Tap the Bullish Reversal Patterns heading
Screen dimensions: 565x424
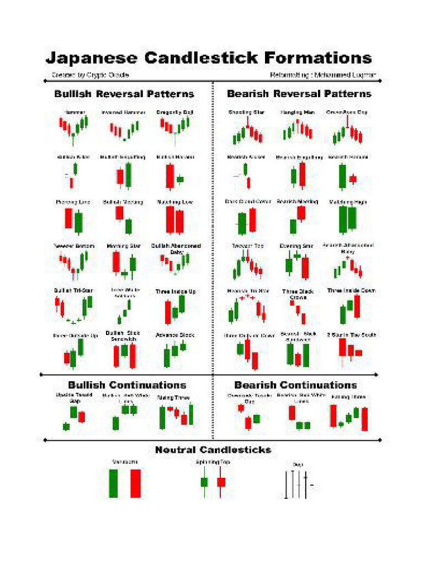pyautogui.click(x=124, y=94)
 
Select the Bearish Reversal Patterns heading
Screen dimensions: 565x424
pyautogui.click(x=299, y=94)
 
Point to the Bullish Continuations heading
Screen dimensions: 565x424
pyautogui.click(x=127, y=385)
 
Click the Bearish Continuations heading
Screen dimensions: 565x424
pyautogui.click(x=295, y=385)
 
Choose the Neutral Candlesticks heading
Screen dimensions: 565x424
pyautogui.click(x=213, y=450)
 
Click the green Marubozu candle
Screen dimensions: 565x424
pyautogui.click(x=114, y=483)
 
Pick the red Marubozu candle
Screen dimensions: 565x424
pyautogui.click(x=135, y=483)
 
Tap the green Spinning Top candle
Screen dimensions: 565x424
pyautogui.click(x=204, y=482)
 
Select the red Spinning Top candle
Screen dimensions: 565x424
pyautogui.click(x=221, y=482)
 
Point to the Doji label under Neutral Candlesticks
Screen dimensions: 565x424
pyautogui.click(x=299, y=465)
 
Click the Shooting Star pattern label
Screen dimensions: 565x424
pyautogui.click(x=246, y=113)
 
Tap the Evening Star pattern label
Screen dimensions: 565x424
pyautogui.click(x=297, y=246)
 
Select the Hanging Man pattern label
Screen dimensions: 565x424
pyautogui.click(x=297, y=113)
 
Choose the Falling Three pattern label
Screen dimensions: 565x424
pyautogui.click(x=348, y=397)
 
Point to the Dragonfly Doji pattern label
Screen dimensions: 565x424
pyautogui.click(x=173, y=113)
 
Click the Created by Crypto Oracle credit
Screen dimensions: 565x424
pyautogui.click(x=90, y=74)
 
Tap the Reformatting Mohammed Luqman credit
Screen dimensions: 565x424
pyautogui.click(x=325, y=74)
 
